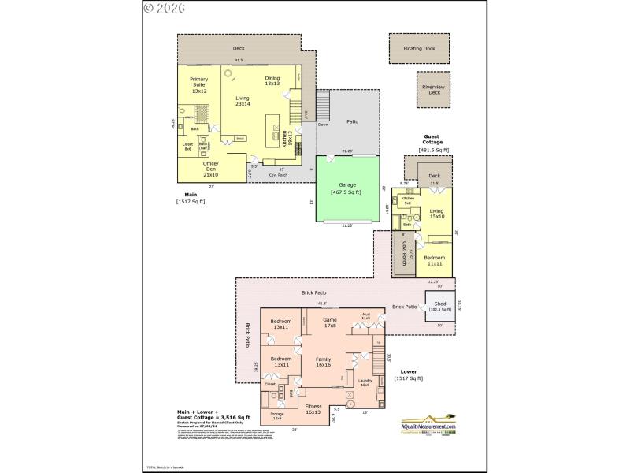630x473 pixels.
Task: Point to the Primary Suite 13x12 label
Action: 199,84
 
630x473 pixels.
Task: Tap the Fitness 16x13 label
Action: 313,409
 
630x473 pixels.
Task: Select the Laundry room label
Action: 365,383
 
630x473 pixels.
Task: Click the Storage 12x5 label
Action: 276,415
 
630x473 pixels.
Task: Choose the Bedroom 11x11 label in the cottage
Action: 435,259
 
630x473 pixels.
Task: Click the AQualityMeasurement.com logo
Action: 428,424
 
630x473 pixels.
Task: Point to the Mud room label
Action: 366,316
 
